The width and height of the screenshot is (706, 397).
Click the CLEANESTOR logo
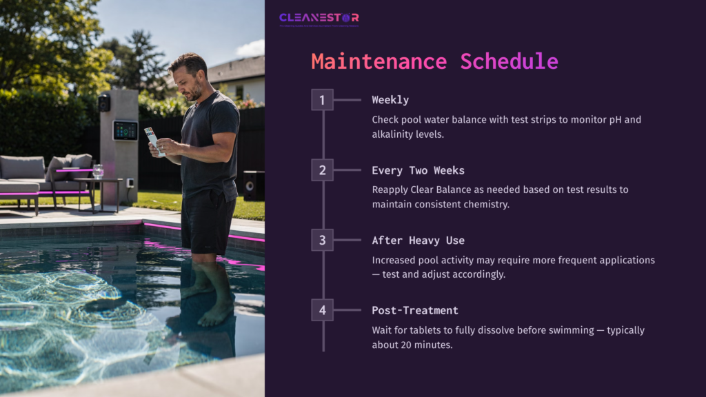point(319,19)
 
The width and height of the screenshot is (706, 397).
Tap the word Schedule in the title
point(509,61)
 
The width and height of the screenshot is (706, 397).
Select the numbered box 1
point(322,100)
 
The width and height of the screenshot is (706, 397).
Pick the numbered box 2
point(322,170)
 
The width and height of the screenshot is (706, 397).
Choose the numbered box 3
point(322,240)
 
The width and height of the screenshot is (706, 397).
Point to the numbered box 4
point(322,310)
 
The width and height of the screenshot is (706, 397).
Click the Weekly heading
point(390,100)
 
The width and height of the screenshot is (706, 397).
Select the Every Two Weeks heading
point(418,170)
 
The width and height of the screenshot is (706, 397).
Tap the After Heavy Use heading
point(418,241)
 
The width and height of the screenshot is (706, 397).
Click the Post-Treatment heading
point(415,310)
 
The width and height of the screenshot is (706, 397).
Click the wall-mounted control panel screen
point(125,130)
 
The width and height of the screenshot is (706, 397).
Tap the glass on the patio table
point(98,171)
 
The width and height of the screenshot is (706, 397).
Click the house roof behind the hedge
point(238,68)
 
